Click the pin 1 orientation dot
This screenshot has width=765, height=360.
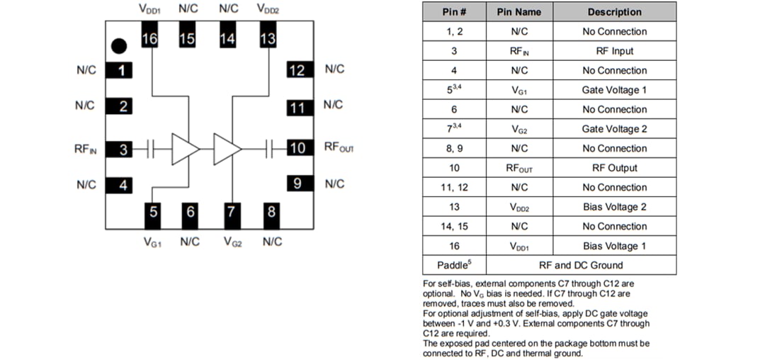119,46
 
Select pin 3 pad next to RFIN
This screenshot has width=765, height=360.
123,149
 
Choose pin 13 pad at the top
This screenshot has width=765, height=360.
268,39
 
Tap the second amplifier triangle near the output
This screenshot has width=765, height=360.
227,149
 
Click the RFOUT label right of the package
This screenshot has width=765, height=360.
339,147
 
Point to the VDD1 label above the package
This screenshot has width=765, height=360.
149,9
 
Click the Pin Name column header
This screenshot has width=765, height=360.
518,12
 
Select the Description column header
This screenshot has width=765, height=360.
614,12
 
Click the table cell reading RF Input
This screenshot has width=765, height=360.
614,51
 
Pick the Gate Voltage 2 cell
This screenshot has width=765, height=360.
614,129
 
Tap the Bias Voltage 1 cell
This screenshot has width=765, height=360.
614,246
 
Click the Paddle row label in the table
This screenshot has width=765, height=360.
454,265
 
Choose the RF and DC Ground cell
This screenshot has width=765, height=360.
581,265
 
